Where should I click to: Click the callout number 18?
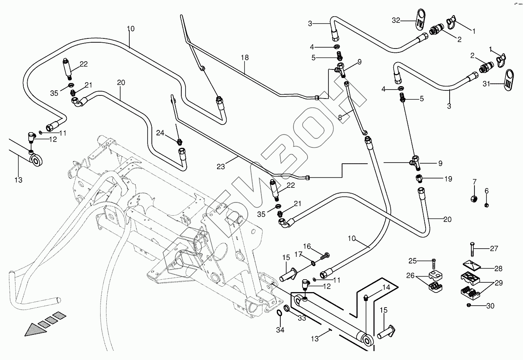pos(244,58)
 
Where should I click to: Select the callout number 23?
pos(221,167)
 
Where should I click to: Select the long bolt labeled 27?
pos(471,249)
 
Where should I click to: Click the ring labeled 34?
pos(280,313)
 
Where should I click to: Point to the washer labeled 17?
pos(313,264)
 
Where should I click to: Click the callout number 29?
pos(499,283)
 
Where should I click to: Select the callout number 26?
pos(410,276)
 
